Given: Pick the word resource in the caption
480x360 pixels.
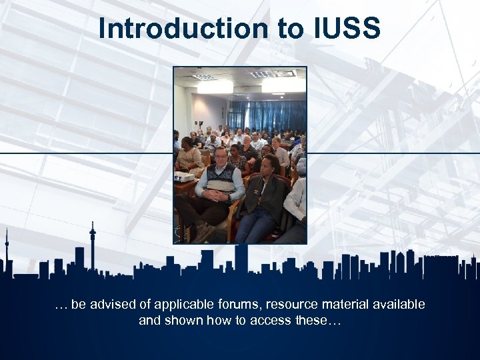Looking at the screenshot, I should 291,305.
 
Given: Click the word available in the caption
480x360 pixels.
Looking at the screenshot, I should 399,305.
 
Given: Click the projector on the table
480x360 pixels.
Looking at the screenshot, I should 185,176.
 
